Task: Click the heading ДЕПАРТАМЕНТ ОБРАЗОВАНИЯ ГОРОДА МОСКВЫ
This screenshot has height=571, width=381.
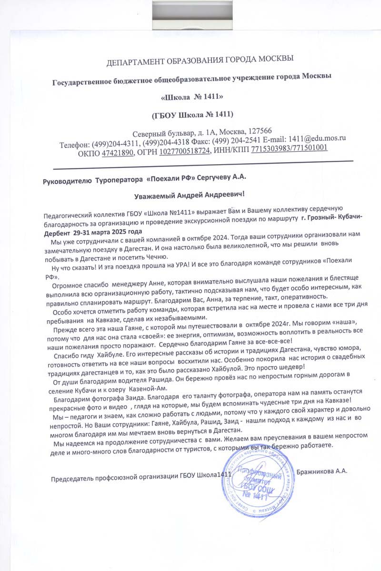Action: tap(200, 60)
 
